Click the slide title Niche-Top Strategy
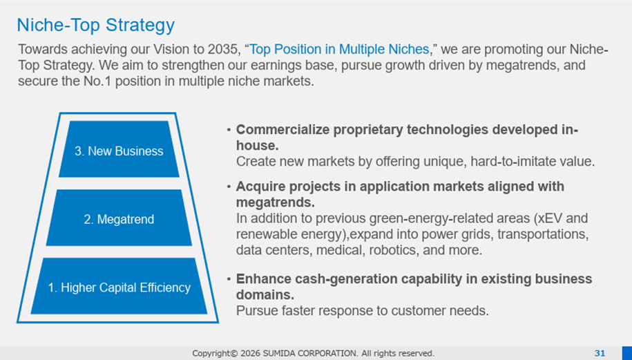coord(96,25)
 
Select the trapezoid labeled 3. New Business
coord(119,149)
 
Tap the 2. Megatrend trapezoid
coord(119,218)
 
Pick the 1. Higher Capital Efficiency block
coord(119,286)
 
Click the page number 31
coord(600,353)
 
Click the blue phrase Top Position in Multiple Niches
coord(339,50)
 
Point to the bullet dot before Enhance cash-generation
coord(229,279)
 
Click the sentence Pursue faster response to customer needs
coord(363,311)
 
